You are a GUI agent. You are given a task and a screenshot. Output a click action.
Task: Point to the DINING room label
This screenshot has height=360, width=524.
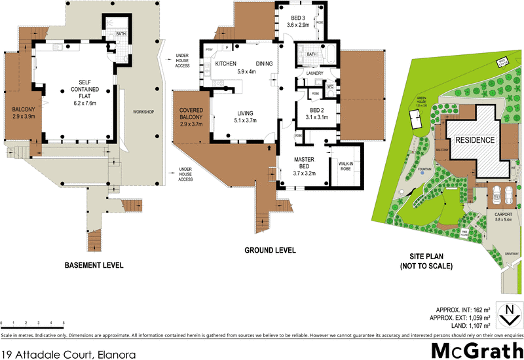[x=265, y=63]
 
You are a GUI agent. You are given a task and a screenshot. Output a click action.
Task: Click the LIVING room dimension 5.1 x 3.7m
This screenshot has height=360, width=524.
[x=244, y=120]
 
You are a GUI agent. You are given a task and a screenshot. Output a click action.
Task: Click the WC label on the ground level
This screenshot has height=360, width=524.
[x=330, y=86]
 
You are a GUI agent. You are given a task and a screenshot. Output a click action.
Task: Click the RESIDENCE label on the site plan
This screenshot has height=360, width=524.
[x=474, y=139]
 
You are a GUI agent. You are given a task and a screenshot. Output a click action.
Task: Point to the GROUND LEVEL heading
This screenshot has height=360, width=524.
[x=269, y=250]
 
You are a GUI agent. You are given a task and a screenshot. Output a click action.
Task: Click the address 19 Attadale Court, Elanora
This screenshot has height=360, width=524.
[x=70, y=355]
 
